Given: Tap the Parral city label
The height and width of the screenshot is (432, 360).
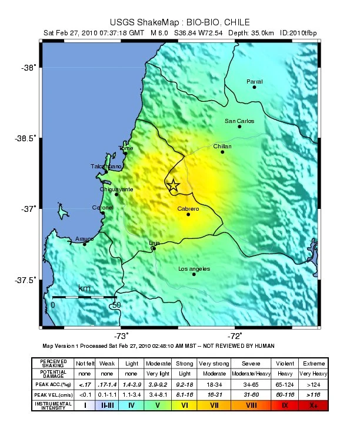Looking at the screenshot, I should point(255,81).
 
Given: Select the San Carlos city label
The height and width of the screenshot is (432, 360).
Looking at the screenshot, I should point(239,121).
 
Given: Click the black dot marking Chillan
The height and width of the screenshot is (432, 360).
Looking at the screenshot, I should point(222,152).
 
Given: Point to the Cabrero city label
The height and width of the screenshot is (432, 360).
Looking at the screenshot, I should point(188,209).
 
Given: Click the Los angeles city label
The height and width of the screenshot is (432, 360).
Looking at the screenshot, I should point(194,269).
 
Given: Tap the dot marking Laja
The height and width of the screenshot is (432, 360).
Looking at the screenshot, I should point(154,248).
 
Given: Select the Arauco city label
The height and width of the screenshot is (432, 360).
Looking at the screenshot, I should point(85,239).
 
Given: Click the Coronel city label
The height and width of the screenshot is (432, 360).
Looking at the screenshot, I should point(102,207).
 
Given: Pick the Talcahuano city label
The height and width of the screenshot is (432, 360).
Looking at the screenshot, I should point(106,167).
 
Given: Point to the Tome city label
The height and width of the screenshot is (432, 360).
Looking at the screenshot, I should point(125,148).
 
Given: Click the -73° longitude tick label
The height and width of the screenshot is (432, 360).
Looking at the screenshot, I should point(122,336).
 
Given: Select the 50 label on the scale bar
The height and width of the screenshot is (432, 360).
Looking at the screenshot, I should point(116,305).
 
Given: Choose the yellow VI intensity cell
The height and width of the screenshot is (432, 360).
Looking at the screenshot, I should point(184,406).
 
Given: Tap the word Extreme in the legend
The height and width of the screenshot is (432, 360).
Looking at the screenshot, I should point(313,363).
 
